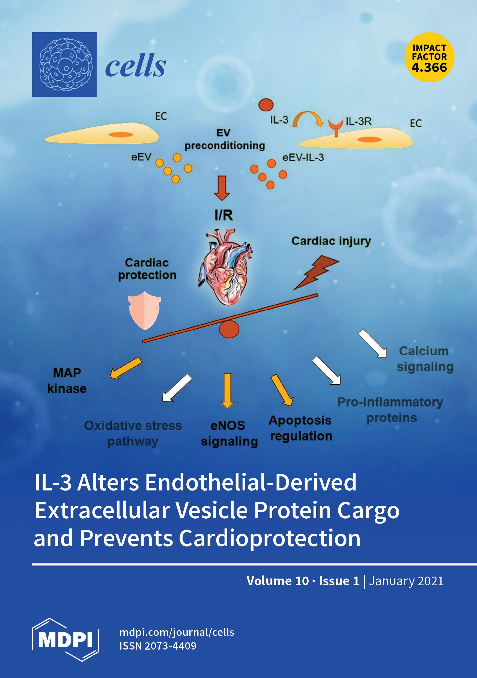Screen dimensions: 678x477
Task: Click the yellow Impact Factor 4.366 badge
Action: coord(429,57)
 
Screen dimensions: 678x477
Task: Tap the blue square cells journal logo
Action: coord(64,64)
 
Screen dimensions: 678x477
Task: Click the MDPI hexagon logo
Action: coord(65,639)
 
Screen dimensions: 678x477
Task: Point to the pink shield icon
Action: coord(144,310)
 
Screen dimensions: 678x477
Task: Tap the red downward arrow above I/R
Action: coord(222,188)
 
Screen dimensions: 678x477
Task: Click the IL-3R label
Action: coord(358,121)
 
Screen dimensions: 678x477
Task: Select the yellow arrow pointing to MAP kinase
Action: coord(125,368)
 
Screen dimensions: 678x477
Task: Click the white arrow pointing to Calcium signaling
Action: coord(373,343)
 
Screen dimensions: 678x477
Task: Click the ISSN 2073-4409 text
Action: coord(158,646)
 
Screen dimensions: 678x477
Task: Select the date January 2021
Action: coord(406,581)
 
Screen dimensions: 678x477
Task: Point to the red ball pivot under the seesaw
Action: coord(229,329)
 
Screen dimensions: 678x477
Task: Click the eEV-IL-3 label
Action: coord(303,157)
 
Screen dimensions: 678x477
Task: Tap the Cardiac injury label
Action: coord(331,241)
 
